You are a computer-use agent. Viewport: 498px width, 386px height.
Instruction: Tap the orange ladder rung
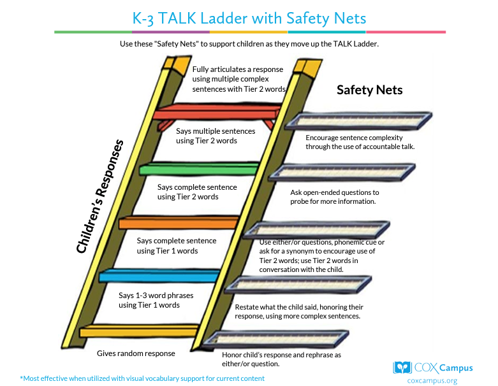coord(179,222)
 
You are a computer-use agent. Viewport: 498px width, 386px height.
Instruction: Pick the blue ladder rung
coord(159,275)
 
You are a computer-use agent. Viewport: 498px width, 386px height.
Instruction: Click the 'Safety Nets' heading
coord(369,90)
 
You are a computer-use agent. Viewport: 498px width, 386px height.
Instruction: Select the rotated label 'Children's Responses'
coord(99,196)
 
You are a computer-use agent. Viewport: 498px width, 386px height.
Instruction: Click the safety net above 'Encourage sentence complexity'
coord(358,121)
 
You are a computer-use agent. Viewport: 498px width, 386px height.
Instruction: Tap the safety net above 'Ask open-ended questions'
coord(342,172)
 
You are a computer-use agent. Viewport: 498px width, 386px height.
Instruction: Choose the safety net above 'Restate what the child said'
coord(298,285)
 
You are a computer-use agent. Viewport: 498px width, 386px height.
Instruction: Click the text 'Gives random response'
coord(136,354)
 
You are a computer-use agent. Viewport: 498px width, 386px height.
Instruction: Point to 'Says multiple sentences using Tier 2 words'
coord(216,136)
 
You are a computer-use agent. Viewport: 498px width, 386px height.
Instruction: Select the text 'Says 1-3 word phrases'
coord(156,296)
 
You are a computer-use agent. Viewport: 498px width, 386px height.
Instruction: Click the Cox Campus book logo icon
coord(402,368)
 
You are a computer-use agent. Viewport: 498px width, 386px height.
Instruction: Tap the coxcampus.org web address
coord(432,381)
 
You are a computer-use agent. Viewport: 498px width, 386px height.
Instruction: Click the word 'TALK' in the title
coord(177,18)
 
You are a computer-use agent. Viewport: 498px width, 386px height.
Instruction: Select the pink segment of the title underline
coord(406,32)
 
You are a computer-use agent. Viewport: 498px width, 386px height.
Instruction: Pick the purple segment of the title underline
coord(171,32)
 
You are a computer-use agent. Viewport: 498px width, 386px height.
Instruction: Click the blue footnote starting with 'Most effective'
coord(142,378)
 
